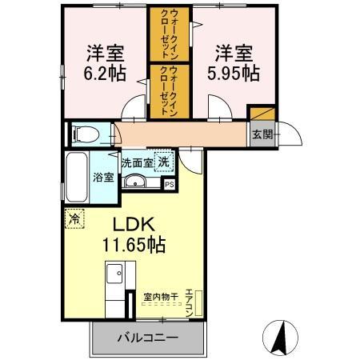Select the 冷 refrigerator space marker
pyautogui.click(x=74, y=218)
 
